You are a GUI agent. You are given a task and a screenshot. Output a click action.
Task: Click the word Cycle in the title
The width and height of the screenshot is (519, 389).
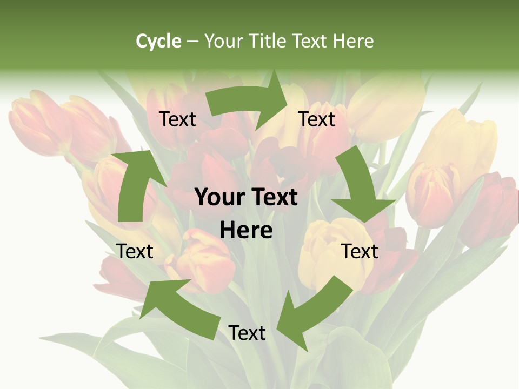click(158, 41)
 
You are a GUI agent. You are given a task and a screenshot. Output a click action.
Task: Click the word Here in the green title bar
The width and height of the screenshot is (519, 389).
click(353, 41)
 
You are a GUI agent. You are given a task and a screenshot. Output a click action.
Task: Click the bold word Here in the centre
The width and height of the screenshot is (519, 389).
click(246, 231)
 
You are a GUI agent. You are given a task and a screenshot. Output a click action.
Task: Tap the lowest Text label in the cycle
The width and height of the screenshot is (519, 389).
click(247, 333)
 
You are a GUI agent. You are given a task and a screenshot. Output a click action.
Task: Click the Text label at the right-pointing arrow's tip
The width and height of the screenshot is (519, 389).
click(317, 119)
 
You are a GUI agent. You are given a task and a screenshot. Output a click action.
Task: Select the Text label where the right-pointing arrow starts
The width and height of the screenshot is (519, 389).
click(178, 119)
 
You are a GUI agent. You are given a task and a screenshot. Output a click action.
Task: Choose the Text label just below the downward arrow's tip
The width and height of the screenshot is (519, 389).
click(360, 251)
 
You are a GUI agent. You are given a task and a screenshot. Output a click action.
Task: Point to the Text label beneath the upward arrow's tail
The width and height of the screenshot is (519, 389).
click(135, 251)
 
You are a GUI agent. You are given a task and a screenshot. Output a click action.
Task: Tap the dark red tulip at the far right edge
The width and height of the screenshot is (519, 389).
click(492, 211)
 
